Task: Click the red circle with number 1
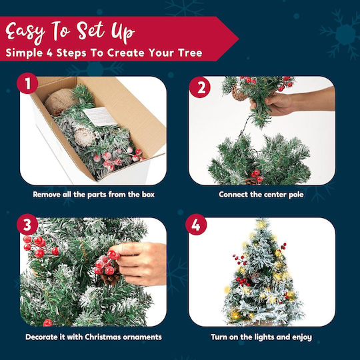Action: [27, 83]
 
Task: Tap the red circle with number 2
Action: [199, 87]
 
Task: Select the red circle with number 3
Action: [27, 224]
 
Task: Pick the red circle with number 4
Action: [196, 224]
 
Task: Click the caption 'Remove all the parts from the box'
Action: [94, 195]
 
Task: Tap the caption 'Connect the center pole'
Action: [261, 195]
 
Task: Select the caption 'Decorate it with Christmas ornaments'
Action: [93, 337]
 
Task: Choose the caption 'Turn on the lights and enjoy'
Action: [261, 337]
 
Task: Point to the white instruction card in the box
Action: [100, 116]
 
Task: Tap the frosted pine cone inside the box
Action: [84, 137]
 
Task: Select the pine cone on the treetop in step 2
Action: [239, 93]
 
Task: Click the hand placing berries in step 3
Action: [140, 263]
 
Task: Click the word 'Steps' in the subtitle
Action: [71, 53]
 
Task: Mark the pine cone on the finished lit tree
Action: [255, 277]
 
